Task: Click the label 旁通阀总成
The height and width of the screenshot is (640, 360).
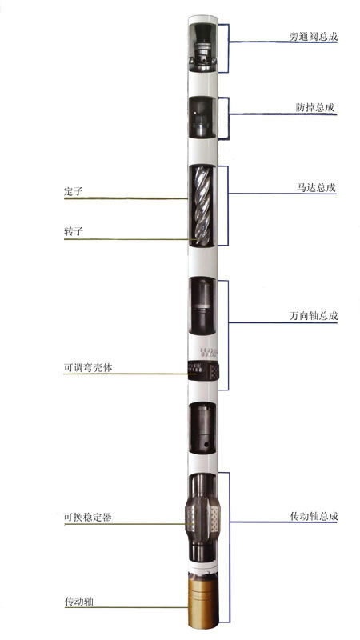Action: coord(313,36)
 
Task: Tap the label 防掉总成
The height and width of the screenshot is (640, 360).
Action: coord(315,108)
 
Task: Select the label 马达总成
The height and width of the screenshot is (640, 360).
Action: coord(316,188)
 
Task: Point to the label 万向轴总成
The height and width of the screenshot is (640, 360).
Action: coord(313,316)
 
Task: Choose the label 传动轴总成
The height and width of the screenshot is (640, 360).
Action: coord(314,516)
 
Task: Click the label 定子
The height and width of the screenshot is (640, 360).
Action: coord(74,191)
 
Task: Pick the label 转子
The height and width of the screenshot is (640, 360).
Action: coord(74,231)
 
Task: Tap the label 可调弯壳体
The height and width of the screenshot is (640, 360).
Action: coord(88,367)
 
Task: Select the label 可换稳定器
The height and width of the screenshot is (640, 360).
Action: coord(88,517)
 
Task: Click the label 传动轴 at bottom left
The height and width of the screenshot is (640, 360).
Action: coord(78,602)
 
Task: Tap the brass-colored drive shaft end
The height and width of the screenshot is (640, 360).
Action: coord(203,599)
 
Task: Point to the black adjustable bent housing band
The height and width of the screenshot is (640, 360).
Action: coord(204,370)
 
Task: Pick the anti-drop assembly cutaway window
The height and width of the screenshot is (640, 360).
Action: coord(202,118)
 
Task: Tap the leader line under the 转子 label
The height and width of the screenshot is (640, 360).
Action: coord(126,239)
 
